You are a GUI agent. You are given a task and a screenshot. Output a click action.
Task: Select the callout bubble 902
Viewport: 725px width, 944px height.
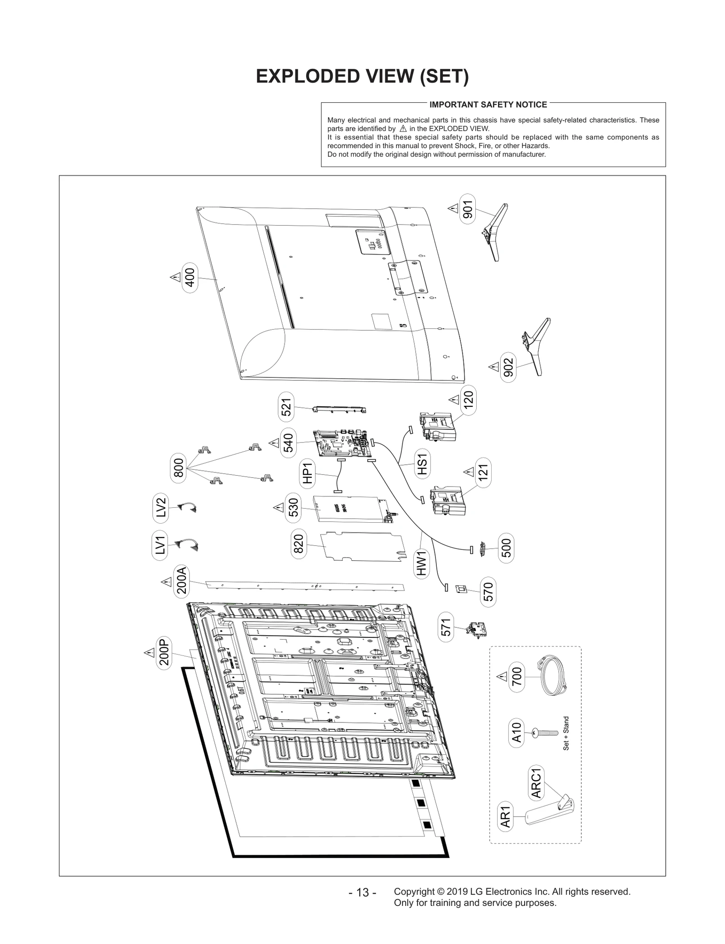click(x=508, y=367)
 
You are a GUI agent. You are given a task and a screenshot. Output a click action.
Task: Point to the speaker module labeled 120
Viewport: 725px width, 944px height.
click(x=437, y=426)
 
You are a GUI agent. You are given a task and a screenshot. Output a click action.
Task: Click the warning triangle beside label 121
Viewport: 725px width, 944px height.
click(x=469, y=472)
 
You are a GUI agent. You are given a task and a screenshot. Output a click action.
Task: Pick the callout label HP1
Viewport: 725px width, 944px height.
click(x=308, y=473)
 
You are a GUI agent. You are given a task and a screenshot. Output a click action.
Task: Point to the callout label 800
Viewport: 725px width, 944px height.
click(x=179, y=467)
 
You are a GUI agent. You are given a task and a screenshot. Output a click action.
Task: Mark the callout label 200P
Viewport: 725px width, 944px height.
click(x=164, y=652)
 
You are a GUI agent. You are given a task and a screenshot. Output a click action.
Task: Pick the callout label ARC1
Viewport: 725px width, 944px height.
click(x=536, y=783)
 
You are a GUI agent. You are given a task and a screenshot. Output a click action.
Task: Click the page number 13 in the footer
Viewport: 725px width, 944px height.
click(x=362, y=892)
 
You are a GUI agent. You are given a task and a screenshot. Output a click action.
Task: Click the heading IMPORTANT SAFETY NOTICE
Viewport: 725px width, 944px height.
click(x=488, y=105)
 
